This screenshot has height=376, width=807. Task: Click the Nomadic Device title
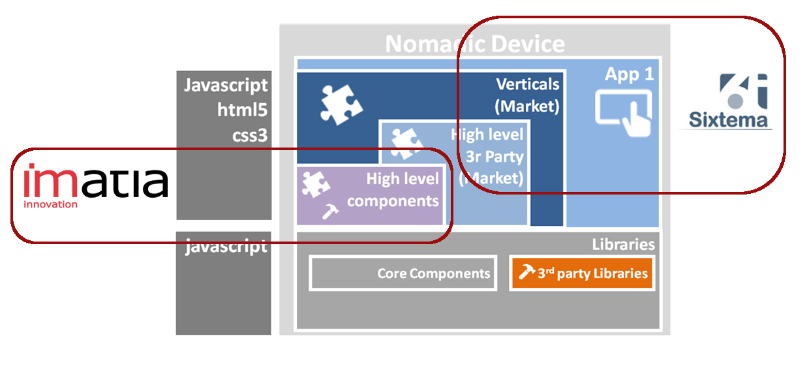(x=474, y=44)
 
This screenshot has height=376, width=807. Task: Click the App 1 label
(x=629, y=74)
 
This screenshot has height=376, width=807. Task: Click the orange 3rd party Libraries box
(x=582, y=273)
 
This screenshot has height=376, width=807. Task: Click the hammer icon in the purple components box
(x=331, y=211)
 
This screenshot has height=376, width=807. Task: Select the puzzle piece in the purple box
(x=316, y=185)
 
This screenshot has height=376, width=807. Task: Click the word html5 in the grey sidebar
(x=243, y=110)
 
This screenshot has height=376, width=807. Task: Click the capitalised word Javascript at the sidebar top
(x=226, y=86)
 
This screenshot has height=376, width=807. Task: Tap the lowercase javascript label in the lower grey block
(x=226, y=247)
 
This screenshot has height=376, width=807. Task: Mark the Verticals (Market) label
(x=527, y=95)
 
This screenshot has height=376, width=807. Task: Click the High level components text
(x=393, y=189)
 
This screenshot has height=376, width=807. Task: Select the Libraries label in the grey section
(x=623, y=245)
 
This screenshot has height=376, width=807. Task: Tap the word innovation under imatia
(x=50, y=204)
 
